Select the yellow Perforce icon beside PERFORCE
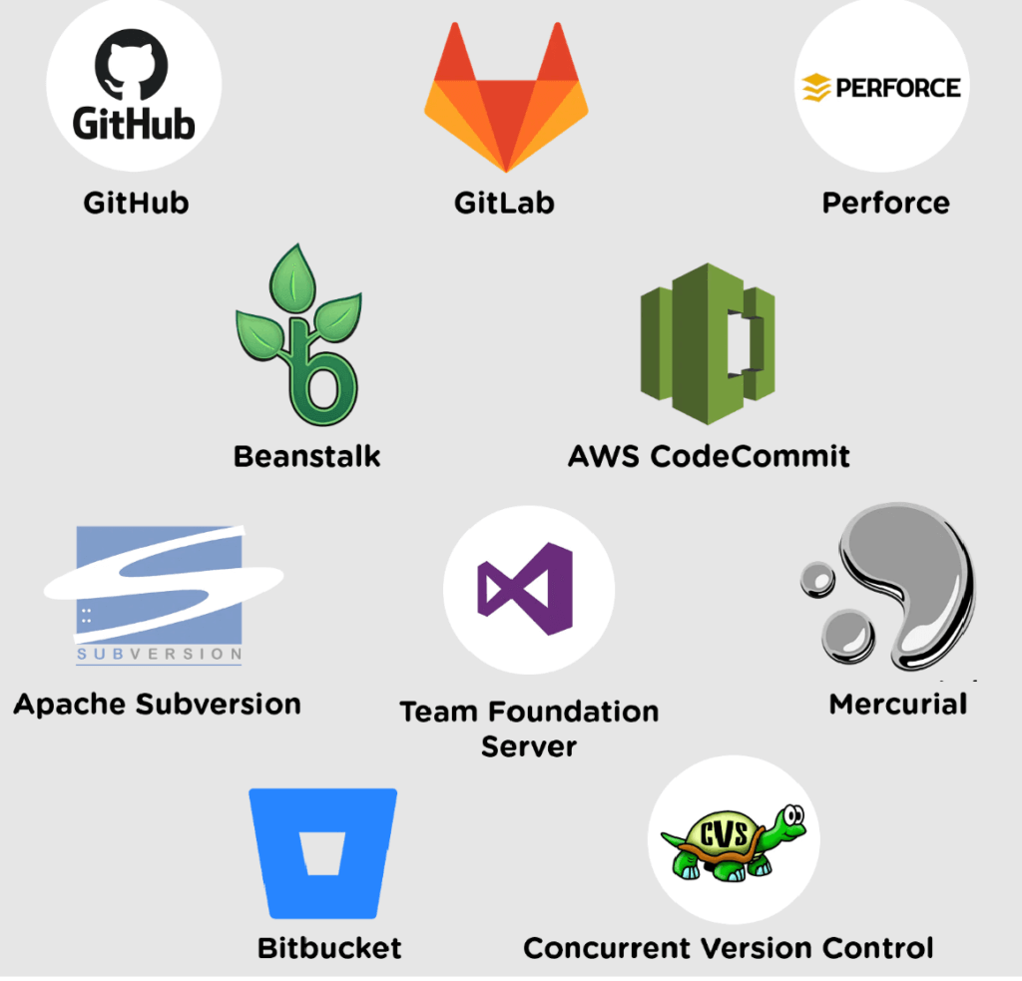pyautogui.click(x=816, y=88)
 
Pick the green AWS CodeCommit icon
pyautogui.click(x=708, y=342)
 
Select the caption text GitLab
pyautogui.click(x=504, y=204)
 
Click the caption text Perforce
pyautogui.click(x=885, y=204)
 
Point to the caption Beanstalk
pyautogui.click(x=307, y=457)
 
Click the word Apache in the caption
pyautogui.click(x=70, y=705)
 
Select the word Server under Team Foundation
pyautogui.click(x=529, y=745)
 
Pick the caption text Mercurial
pyautogui.click(x=898, y=705)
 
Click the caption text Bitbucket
pyautogui.click(x=329, y=947)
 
